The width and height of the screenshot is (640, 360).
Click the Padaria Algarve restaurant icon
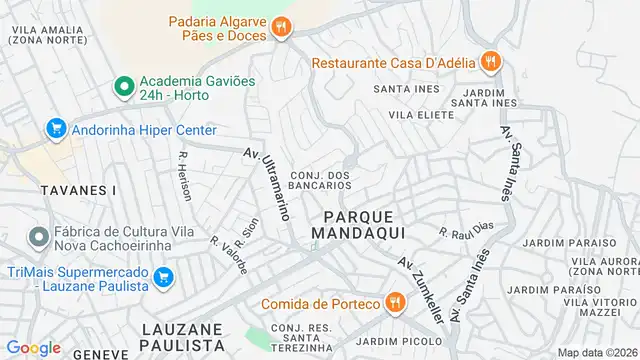(x=281, y=28)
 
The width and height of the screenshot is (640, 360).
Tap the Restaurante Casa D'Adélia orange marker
(x=489, y=62)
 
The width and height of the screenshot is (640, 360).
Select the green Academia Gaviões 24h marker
(x=125, y=88)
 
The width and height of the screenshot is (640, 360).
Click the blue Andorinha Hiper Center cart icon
(x=55, y=130)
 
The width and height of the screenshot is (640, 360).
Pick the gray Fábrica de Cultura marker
(x=39, y=238)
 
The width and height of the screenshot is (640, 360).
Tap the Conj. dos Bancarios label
(x=321, y=182)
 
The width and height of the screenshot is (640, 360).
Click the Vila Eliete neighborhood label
(x=416, y=115)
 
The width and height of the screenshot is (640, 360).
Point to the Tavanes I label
(x=51, y=190)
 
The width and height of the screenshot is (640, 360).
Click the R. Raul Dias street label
(x=467, y=231)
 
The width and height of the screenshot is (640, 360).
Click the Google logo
(x=33, y=347)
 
